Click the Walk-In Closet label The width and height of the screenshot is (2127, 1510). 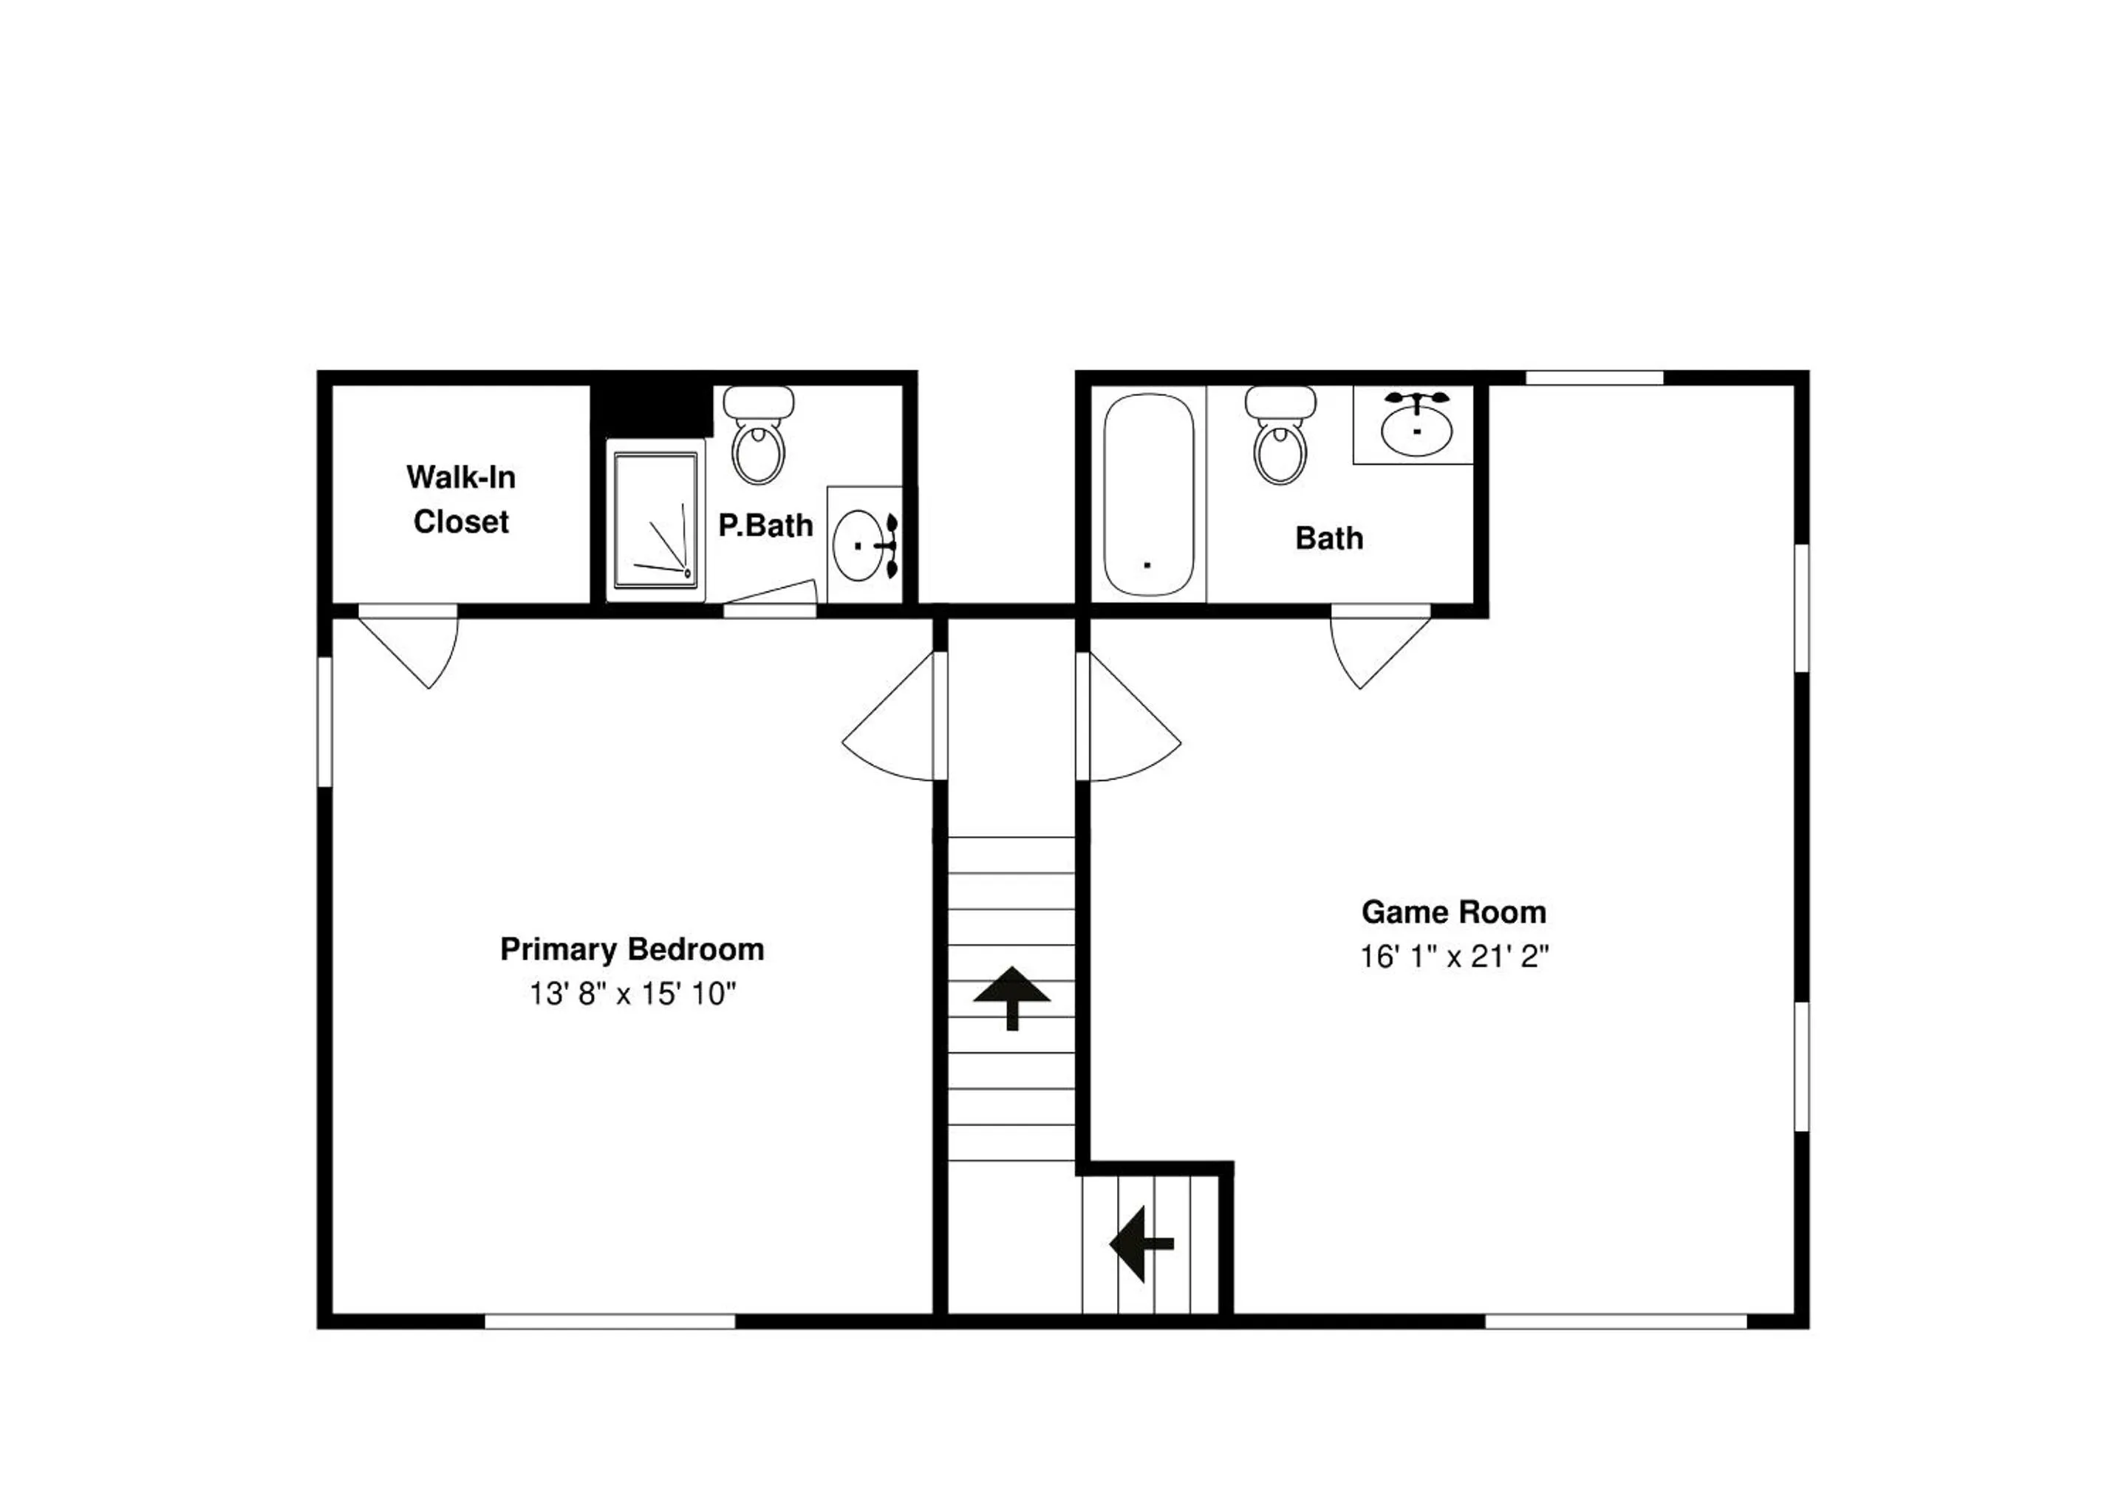pos(460,499)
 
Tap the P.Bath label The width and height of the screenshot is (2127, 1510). pos(765,525)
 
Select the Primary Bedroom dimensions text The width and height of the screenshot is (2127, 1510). pos(632,994)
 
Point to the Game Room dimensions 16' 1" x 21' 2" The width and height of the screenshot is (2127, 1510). pos(1454,957)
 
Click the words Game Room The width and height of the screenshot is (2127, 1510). pos(1454,912)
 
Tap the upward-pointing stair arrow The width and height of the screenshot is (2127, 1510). pos(1011,997)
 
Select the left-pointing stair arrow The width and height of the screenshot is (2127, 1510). pos(1141,1243)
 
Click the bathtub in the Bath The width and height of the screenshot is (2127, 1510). pos(1148,495)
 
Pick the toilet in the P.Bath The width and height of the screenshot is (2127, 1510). pos(759,434)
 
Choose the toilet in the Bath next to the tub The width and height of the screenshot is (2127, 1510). pos(1280,434)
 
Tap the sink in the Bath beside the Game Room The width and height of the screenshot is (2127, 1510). pos(1416,425)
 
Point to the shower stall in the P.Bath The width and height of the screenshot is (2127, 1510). pos(655,521)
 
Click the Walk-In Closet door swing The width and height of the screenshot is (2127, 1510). pos(409,647)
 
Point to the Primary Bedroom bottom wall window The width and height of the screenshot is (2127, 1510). pos(610,1321)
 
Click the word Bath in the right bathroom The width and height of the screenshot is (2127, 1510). pos(1329,539)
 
